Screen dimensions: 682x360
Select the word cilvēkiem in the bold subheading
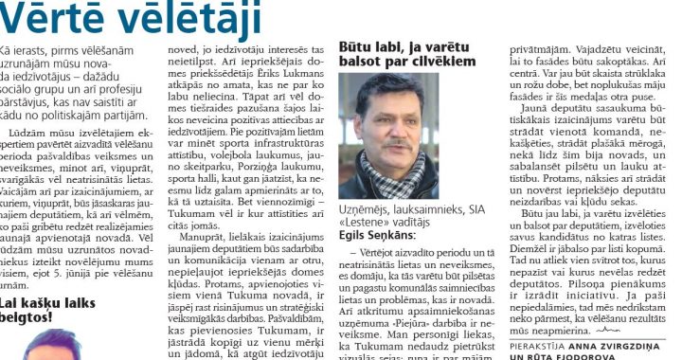click(x=435, y=61)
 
